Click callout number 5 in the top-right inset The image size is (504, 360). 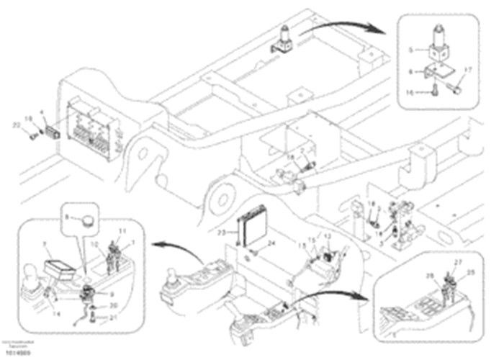[410, 50]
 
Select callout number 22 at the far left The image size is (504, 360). [16, 125]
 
